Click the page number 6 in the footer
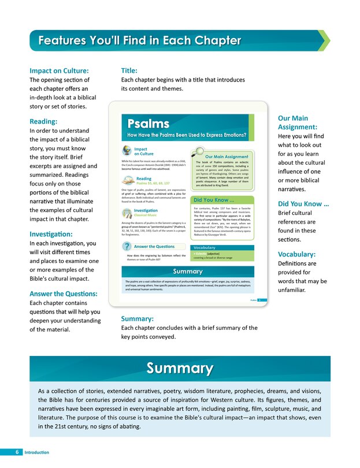(x=18, y=451)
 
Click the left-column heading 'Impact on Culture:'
(x=59, y=70)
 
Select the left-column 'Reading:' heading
(x=44, y=122)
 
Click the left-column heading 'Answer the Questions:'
(x=64, y=294)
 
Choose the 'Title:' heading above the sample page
(x=129, y=70)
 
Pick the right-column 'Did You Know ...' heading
(x=304, y=204)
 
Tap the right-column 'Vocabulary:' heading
(x=296, y=254)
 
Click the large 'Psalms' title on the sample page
(x=149, y=123)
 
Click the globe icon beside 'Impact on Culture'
(x=127, y=151)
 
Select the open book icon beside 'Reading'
(x=129, y=181)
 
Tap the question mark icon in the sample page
(x=127, y=247)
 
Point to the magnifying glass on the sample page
(x=199, y=152)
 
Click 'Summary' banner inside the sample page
(x=187, y=272)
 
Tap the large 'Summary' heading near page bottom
(x=180, y=368)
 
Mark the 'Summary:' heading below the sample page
(x=137, y=318)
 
